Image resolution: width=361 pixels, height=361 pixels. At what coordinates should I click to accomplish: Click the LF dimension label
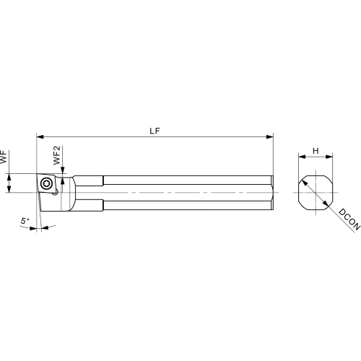click(155, 131)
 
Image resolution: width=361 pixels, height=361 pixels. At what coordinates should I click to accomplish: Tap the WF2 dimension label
click(57, 155)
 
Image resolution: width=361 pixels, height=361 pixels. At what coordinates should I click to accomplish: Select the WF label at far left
click(4, 157)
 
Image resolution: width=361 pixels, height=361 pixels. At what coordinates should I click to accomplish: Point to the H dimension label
click(316, 151)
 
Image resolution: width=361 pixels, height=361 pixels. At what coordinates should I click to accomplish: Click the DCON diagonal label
click(349, 219)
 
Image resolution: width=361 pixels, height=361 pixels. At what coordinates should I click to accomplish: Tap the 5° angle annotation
click(25, 221)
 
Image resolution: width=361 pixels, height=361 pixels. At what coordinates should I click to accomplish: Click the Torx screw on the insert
click(45, 184)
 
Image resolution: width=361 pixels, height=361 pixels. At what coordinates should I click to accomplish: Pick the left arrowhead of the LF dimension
click(40, 137)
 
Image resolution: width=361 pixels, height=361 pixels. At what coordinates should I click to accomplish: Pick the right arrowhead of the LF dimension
click(270, 137)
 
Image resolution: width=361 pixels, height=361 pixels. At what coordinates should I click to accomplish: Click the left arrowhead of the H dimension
click(302, 157)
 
